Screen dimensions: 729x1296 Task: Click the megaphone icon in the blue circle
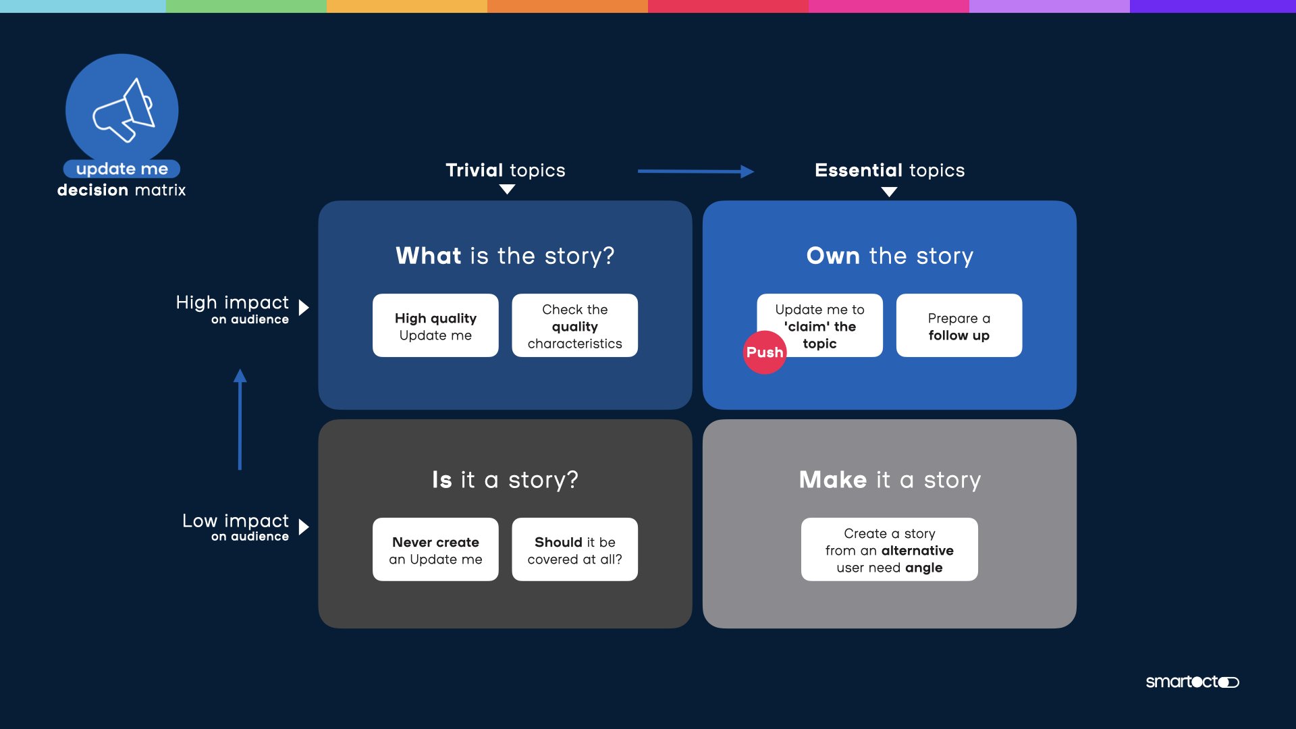tap(123, 110)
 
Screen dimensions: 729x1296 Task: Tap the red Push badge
tap(765, 352)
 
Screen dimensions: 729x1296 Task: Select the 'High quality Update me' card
tap(435, 325)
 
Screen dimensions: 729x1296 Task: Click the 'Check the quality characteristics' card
tap(574, 325)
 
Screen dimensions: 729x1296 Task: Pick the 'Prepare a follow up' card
tap(959, 325)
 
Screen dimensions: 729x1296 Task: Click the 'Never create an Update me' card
tap(435, 549)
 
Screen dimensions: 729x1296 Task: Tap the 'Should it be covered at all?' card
tap(574, 549)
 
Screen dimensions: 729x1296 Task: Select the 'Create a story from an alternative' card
tap(889, 549)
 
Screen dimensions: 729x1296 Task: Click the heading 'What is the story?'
tap(505, 256)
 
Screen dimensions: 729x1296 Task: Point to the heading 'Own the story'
tap(890, 256)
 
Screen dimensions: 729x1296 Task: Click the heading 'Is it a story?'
tap(505, 480)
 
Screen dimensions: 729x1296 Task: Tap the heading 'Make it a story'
tap(890, 480)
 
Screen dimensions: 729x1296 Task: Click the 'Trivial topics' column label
tap(505, 170)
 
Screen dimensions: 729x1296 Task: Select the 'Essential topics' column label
tap(890, 170)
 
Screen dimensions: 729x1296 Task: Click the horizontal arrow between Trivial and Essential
tap(695, 171)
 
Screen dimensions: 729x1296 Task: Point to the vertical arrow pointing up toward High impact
tap(240, 419)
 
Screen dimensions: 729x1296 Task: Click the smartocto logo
tap(1192, 682)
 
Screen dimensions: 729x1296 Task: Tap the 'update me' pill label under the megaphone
tap(122, 169)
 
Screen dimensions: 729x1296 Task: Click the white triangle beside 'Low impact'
tap(304, 526)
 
